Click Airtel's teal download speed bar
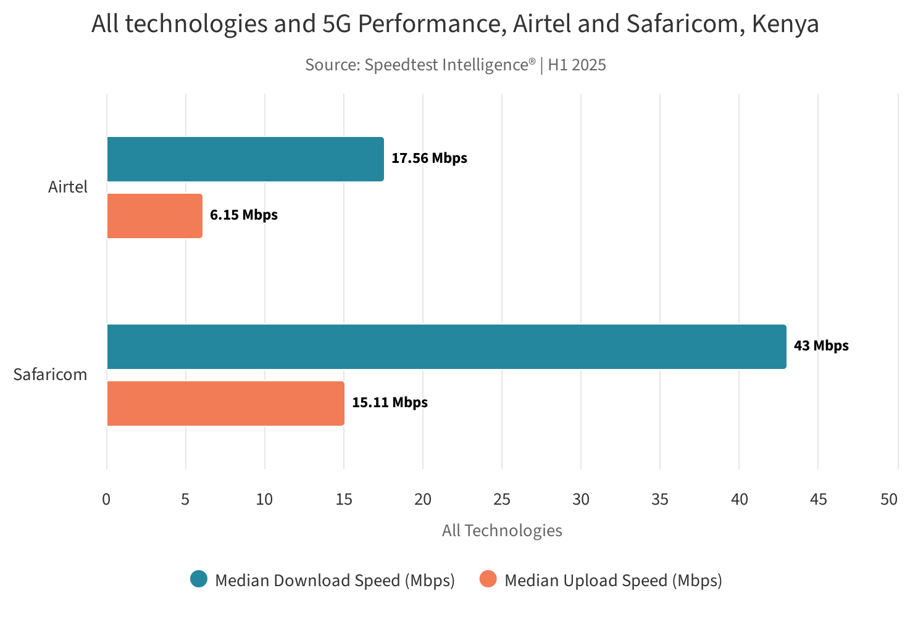tap(245, 159)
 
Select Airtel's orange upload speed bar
tap(154, 216)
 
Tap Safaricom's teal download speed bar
tap(446, 347)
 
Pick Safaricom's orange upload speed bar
tap(225, 404)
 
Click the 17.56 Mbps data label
tap(429, 158)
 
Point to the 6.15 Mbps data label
tap(244, 215)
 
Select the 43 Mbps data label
tap(821, 346)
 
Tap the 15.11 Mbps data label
tap(390, 402)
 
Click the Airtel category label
tap(68, 187)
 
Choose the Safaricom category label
tap(51, 375)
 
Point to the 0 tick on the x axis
tap(106, 499)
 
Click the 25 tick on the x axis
tap(502, 499)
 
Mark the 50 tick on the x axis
tap(889, 499)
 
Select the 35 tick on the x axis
tap(660, 499)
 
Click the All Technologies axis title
tap(502, 531)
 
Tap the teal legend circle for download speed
tap(199, 579)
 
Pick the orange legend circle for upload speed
tap(488, 579)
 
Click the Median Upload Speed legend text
tap(613, 581)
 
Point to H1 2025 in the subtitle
tap(577, 65)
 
